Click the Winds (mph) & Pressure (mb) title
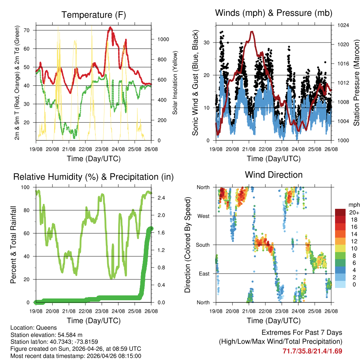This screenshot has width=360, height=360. [x=274, y=13]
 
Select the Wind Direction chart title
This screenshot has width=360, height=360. [x=274, y=175]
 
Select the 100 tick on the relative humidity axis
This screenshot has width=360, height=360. [x=26, y=187]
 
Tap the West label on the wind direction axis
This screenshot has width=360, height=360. [x=203, y=216]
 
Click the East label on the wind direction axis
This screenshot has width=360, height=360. [x=204, y=274]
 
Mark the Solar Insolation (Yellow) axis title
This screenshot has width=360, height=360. [x=175, y=83]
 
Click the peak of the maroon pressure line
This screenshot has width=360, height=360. [x=252, y=32]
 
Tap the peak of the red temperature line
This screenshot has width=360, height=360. [x=110, y=27]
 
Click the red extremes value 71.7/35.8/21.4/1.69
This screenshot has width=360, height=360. [x=312, y=351]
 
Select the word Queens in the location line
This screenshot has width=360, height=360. [x=46, y=328]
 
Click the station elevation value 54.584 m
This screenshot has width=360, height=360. [x=70, y=335]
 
